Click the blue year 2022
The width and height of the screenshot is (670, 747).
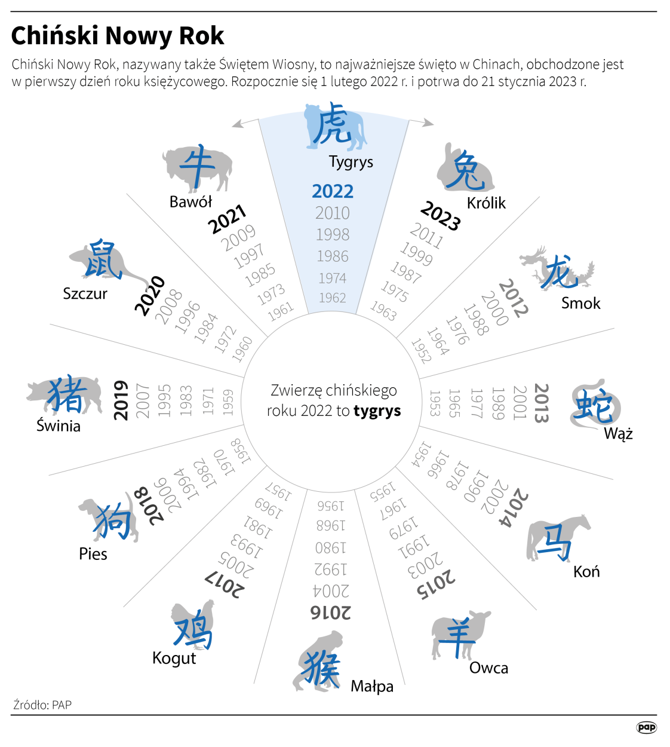(x=333, y=191)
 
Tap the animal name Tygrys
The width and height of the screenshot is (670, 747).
(x=351, y=162)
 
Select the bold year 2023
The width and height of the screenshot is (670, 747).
(x=441, y=216)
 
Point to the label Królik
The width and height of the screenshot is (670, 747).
(x=486, y=203)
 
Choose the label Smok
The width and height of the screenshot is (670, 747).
(x=580, y=304)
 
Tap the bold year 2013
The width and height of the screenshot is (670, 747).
(x=541, y=403)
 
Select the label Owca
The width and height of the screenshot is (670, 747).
(x=488, y=668)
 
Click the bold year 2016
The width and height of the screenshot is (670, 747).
(x=331, y=613)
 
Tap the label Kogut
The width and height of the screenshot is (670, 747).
(x=174, y=659)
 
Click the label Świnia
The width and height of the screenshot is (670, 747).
(x=58, y=426)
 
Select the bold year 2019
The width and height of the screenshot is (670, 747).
(x=121, y=400)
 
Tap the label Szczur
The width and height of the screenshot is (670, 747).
(x=85, y=294)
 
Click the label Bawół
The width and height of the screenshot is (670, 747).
(x=190, y=202)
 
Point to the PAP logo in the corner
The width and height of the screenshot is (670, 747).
(x=646, y=727)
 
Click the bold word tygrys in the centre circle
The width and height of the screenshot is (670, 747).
(x=377, y=411)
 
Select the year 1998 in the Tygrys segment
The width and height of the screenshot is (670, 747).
(x=333, y=235)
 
